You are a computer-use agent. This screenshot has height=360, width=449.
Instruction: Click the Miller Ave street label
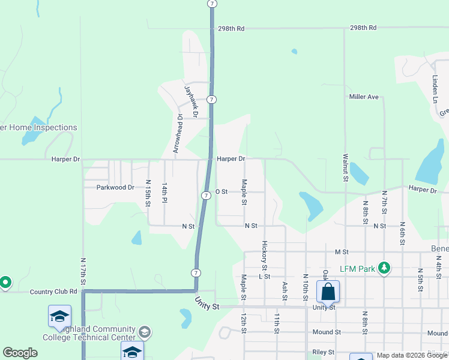point(364,97)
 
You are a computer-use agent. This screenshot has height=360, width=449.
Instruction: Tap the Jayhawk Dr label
point(191,100)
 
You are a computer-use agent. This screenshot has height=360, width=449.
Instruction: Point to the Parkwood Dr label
point(115,187)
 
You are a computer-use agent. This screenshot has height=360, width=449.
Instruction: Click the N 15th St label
point(148,193)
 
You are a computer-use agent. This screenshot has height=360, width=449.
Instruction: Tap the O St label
point(221,191)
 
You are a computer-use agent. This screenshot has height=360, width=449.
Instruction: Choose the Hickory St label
point(264,255)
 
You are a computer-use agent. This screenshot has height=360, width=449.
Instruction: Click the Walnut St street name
point(346,167)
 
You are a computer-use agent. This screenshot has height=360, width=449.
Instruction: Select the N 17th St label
point(83,271)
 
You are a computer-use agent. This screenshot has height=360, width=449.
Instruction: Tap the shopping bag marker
point(328,292)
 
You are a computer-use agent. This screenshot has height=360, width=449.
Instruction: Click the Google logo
point(20,353)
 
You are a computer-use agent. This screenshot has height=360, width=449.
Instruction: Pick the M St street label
point(342,252)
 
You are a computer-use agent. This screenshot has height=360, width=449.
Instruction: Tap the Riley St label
point(323,352)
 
